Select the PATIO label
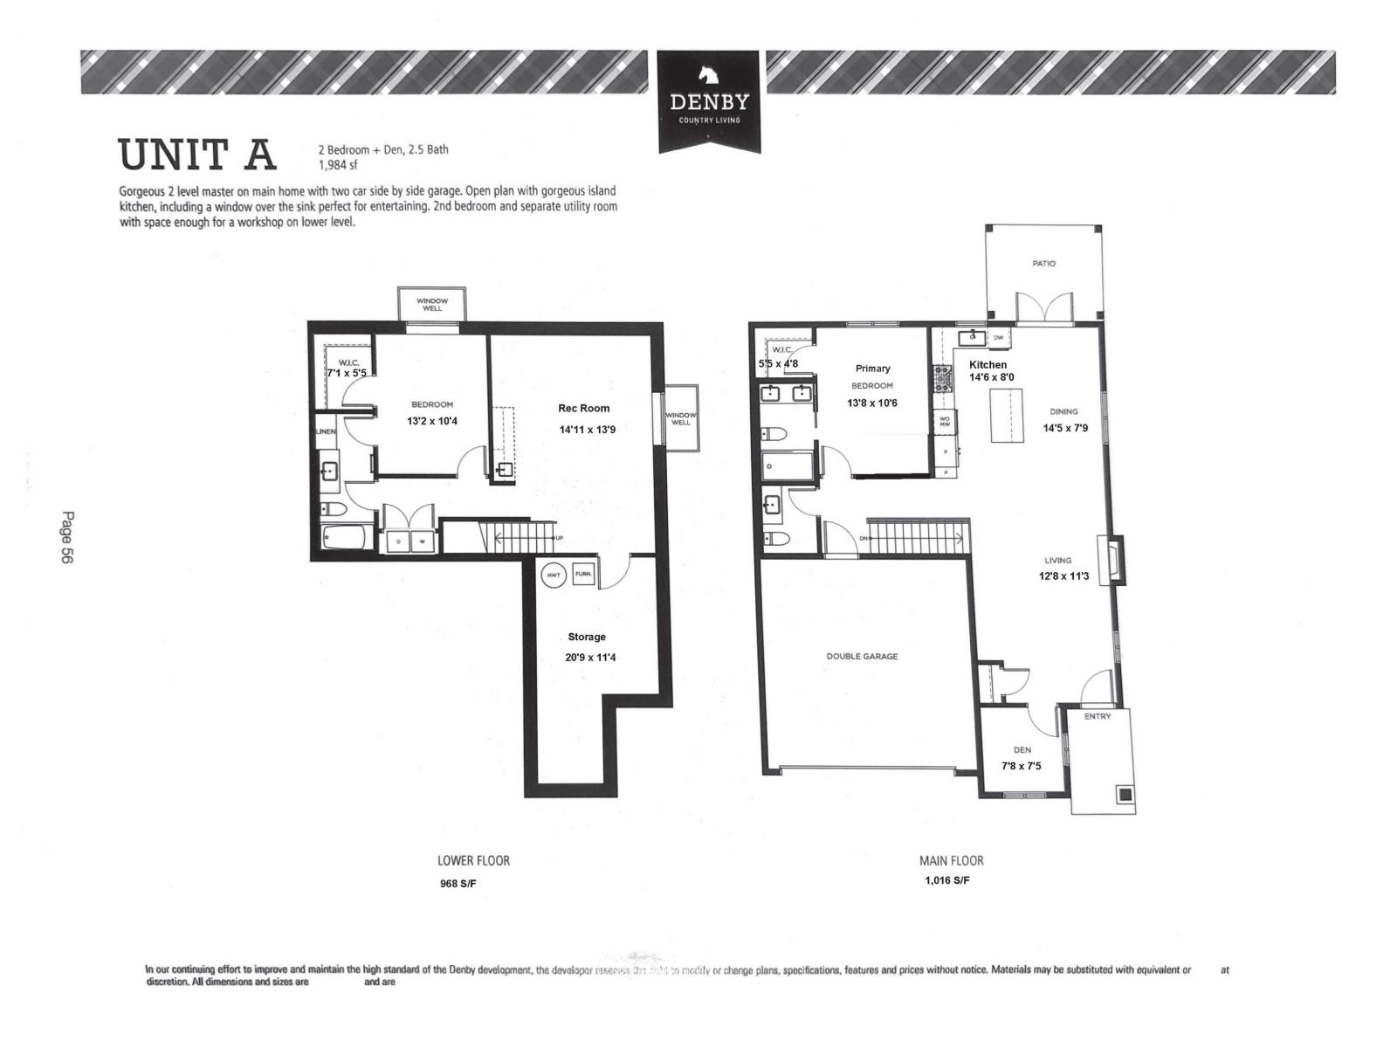1043,263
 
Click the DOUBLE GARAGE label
862,656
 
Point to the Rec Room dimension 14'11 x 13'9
587,430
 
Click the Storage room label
587,637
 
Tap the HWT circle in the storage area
554,575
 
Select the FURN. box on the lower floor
582,575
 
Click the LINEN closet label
326,431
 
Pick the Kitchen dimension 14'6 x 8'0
991,377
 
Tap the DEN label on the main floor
1022,749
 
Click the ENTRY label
1098,716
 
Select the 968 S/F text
458,883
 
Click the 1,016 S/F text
946,880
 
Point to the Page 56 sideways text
67,537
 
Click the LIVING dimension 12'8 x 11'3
1063,576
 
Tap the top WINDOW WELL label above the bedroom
432,304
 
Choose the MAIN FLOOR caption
951,860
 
